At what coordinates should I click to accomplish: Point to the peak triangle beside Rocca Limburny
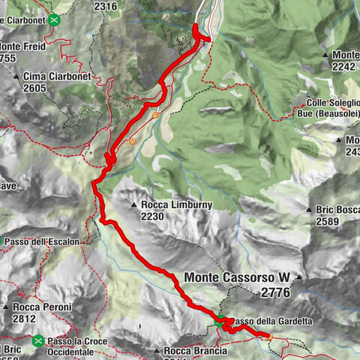click(133, 205)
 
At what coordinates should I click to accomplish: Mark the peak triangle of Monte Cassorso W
click(298, 278)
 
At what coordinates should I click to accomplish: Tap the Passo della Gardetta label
click(268, 322)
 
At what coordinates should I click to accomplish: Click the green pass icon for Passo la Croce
click(38, 341)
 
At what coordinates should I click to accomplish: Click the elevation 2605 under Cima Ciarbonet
click(34, 88)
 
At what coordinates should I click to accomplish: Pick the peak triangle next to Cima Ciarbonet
click(16, 76)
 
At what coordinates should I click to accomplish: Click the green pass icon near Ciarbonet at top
click(54, 20)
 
